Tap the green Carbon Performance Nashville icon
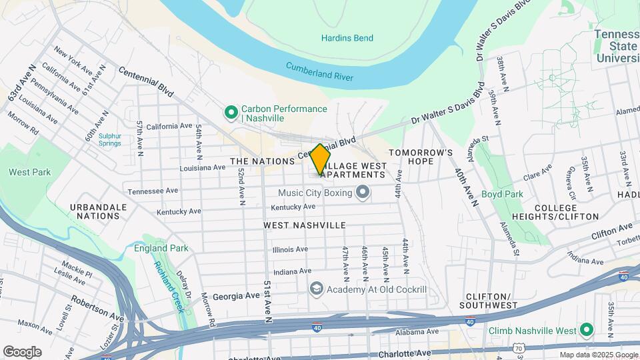click(x=231, y=113)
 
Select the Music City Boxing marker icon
click(x=363, y=193)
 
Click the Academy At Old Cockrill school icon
click(x=316, y=288)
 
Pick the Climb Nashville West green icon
click(x=587, y=330)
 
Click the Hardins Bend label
click(x=347, y=38)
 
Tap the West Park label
click(x=30, y=172)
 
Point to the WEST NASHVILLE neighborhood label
click(x=305, y=225)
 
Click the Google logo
click(x=22, y=351)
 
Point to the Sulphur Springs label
click(x=110, y=139)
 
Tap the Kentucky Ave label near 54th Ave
click(x=179, y=211)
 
